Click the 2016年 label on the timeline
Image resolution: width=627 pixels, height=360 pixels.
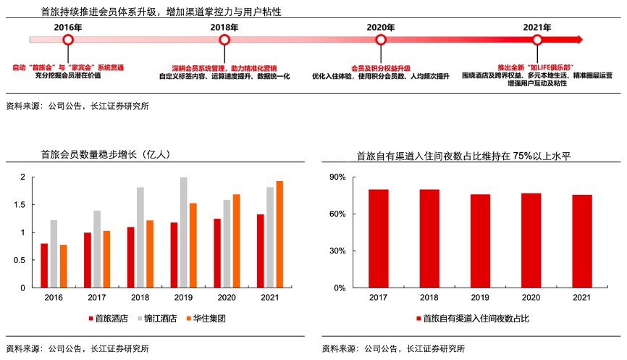click(68, 27)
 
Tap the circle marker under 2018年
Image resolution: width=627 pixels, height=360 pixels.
click(224, 40)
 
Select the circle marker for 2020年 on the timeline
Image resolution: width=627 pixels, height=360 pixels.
click(380, 40)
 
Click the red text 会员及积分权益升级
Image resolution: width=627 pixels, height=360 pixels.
click(380, 67)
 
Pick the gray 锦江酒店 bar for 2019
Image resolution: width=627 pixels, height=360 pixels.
click(183, 233)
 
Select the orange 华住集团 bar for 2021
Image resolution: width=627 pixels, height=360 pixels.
click(279, 235)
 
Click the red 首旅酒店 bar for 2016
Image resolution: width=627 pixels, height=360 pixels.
click(44, 266)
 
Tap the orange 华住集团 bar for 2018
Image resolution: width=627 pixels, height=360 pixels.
click(150, 254)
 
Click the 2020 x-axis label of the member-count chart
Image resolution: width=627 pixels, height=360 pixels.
click(227, 297)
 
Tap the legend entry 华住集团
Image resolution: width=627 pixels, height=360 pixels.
click(207, 319)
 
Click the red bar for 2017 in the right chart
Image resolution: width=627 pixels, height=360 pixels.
click(379, 238)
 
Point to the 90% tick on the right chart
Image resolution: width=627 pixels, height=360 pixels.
click(337, 177)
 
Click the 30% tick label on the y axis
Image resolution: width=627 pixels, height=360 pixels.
click(337, 251)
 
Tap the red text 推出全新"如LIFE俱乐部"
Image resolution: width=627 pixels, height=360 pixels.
click(536, 67)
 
